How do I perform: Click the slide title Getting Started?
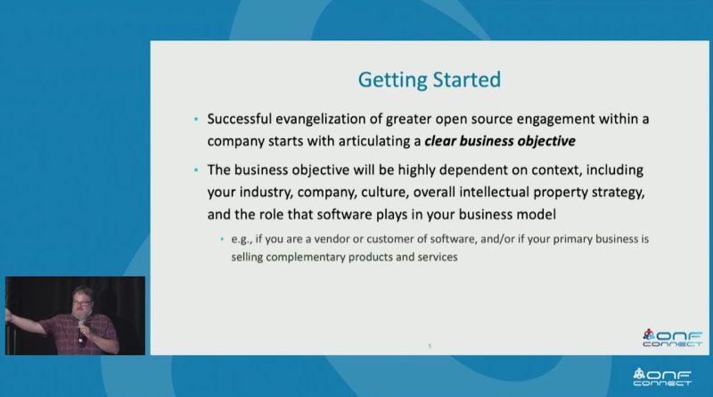coord(430,80)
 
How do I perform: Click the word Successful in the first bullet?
coord(239,119)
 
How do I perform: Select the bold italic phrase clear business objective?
coord(500,141)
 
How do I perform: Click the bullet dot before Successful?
coord(196,120)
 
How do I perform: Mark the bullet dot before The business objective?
coord(196,170)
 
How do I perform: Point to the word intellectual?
coord(494,192)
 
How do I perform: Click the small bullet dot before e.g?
coord(222,239)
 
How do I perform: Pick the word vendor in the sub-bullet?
coord(332,239)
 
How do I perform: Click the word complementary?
coord(306,258)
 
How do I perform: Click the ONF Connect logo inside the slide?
coord(673,338)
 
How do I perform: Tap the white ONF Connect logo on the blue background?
coord(662,377)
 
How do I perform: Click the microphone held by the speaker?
coord(81,334)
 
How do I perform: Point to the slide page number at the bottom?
coord(430,346)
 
